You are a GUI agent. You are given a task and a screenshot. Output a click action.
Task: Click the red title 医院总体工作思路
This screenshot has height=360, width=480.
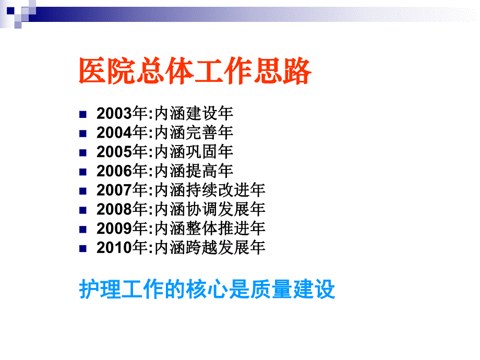point(195,71)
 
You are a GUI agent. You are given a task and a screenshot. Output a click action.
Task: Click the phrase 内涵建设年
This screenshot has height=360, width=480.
point(194,113)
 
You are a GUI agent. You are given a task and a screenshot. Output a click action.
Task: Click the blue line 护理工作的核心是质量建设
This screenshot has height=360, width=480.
point(207,290)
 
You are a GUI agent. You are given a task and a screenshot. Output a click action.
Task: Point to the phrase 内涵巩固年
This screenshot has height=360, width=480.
point(194,152)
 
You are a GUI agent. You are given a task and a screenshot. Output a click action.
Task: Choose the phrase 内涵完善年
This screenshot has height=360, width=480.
point(194,133)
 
